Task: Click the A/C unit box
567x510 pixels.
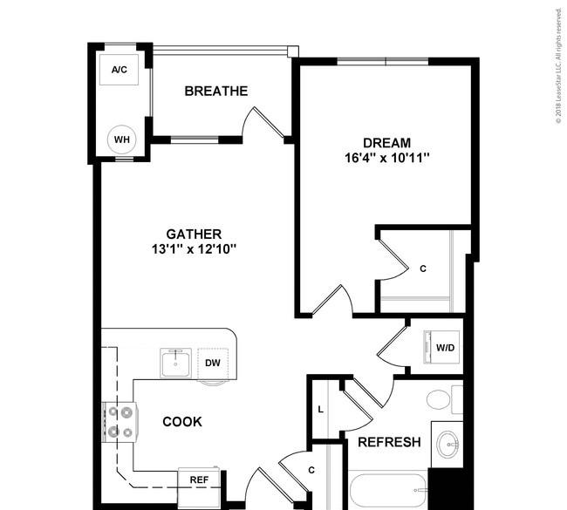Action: point(119,70)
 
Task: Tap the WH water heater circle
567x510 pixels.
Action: point(122,139)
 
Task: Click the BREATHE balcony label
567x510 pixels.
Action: point(216,91)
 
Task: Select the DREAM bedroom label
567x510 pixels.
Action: point(386,143)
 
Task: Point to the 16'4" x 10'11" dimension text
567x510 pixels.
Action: point(387,158)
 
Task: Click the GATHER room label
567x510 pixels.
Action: point(194,235)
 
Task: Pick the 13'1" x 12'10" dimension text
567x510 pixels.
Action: point(194,249)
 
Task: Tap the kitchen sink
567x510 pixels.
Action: point(175,363)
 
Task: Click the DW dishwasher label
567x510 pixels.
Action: point(213,363)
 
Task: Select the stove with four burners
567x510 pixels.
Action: point(120,422)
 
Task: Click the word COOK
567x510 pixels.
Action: point(182,422)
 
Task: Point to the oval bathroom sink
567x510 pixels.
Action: point(447,445)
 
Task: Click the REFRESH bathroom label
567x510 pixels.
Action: point(389,442)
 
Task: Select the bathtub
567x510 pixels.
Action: point(388,490)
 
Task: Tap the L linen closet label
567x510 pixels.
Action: point(320,410)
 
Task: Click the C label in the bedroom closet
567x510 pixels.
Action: point(423,269)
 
